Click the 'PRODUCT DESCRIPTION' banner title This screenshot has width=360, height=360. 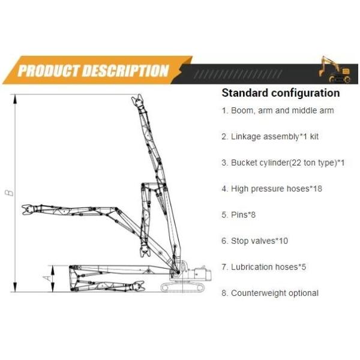pyautogui.click(x=93, y=70)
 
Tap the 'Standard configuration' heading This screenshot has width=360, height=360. pyautogui.click(x=281, y=93)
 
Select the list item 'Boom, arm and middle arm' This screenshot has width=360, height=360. pyautogui.click(x=278, y=110)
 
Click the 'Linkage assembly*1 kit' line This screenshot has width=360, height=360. pyautogui.click(x=270, y=137)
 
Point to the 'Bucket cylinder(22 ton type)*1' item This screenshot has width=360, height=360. pyautogui.click(x=283, y=163)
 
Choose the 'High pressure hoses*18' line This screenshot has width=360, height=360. pyautogui.click(x=272, y=189)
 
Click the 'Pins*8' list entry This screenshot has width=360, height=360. pyautogui.click(x=239, y=215)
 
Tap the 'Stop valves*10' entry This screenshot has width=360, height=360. pyautogui.click(x=255, y=241)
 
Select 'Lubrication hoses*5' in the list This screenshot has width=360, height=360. pyautogui.click(x=264, y=267)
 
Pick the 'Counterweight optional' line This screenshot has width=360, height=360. pyautogui.click(x=270, y=293)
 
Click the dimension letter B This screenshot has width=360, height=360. pyautogui.click(x=9, y=193)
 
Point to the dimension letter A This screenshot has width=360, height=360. pyautogui.click(x=47, y=278)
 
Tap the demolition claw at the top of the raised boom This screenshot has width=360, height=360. pyautogui.click(x=138, y=101)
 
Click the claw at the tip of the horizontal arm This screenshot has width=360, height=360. pyautogui.click(x=28, y=210)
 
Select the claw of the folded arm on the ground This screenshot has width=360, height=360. pyautogui.click(x=138, y=286)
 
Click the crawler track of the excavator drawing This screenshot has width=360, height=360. pyautogui.click(x=182, y=287)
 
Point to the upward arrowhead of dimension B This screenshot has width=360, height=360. pyautogui.click(x=15, y=100)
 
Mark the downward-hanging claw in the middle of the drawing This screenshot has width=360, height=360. pyautogui.click(x=145, y=251)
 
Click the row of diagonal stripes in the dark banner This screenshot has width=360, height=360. pyautogui.click(x=238, y=74)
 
